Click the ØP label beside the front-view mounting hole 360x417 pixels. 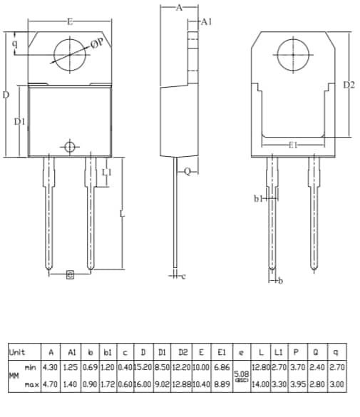98,44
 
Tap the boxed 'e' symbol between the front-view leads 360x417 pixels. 69,275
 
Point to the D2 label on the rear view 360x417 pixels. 349,85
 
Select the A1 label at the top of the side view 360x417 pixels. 206,23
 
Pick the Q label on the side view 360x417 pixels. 187,172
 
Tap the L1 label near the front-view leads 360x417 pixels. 106,173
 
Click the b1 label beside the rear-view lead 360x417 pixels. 259,199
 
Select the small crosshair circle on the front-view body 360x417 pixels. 69,148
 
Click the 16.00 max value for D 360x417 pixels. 143,384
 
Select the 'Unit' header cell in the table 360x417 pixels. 17,352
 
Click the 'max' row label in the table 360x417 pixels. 30,384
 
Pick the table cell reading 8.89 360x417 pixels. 222,384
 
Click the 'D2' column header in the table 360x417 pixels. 182,352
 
